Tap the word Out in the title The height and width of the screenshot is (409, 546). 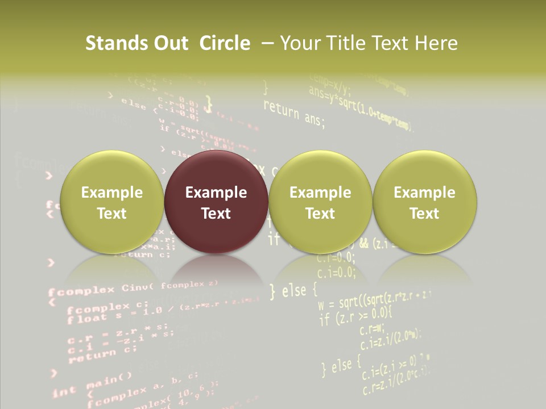[169, 43]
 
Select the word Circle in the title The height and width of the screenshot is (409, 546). [225, 43]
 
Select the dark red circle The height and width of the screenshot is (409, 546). [216, 202]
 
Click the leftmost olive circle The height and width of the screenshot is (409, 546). [111, 202]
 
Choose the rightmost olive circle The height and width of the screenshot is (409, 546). [424, 202]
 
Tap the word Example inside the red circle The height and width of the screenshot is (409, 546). [216, 193]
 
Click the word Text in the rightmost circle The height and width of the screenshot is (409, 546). [424, 214]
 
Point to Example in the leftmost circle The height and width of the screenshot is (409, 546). [111, 193]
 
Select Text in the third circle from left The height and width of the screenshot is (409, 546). [320, 214]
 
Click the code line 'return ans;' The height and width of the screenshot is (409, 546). [294, 112]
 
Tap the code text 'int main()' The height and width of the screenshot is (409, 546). [92, 386]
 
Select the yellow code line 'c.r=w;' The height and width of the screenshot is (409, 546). [373, 328]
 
